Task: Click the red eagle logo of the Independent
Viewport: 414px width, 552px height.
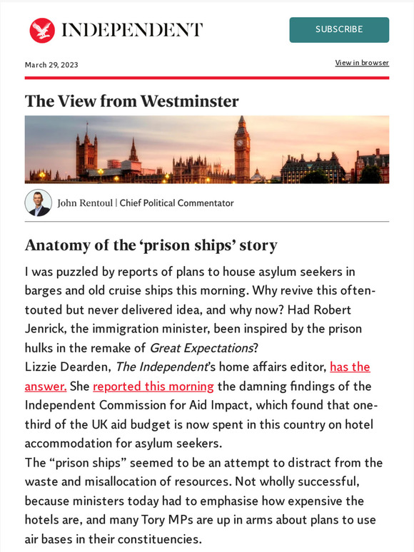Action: [42, 30]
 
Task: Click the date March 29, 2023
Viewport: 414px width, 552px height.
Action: [51, 65]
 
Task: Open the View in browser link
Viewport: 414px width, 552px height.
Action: [362, 63]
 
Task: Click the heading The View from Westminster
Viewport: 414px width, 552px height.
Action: [131, 101]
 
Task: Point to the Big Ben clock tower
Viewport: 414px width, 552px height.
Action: [243, 146]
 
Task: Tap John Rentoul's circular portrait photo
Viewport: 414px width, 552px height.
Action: [39, 203]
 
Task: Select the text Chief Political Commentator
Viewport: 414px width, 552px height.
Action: [176, 203]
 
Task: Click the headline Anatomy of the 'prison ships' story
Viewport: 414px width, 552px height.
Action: [151, 245]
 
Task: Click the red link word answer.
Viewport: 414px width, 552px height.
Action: [46, 386]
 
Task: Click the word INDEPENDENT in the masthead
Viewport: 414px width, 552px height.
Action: [132, 30]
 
